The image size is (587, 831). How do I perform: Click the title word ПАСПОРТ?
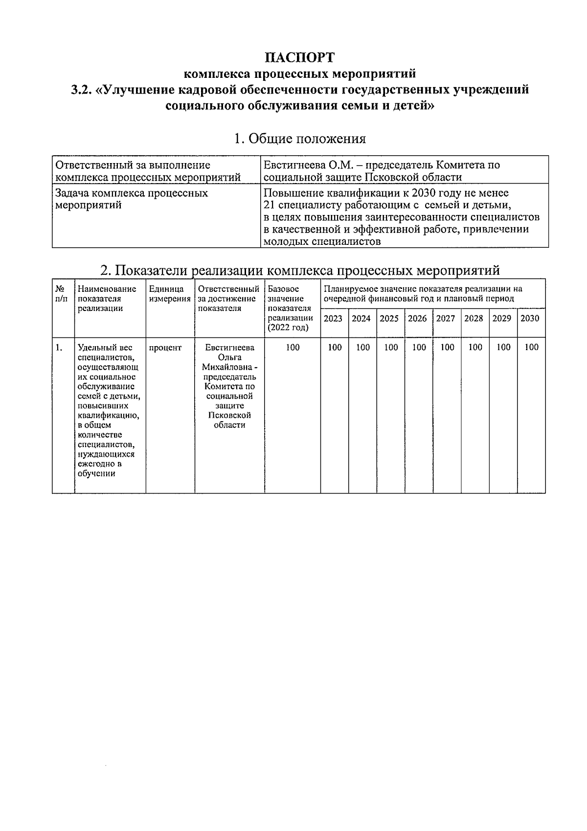[299, 58]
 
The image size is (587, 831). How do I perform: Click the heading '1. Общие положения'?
[299, 139]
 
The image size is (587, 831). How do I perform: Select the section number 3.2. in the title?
[81, 90]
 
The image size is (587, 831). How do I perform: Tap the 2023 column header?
[333, 319]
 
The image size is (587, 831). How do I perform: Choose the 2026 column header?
[417, 319]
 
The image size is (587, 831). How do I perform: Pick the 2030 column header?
[530, 319]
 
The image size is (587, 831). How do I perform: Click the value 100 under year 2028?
[475, 348]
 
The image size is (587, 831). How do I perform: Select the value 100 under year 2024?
[362, 348]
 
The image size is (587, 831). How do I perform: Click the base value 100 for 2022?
[293, 348]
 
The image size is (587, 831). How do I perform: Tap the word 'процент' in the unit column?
[165, 348]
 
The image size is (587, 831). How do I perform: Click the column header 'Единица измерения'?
[169, 294]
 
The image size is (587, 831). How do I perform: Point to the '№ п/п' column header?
[62, 294]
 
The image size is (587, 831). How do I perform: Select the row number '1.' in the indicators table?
[59, 348]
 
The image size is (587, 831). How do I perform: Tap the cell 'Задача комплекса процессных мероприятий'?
[132, 199]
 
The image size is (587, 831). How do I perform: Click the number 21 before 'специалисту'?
[269, 205]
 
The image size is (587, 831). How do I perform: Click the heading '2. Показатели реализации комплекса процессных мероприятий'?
[299, 270]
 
